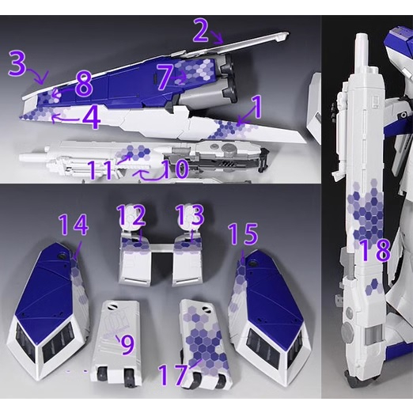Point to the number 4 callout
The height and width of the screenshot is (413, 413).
pyautogui.click(x=91, y=118)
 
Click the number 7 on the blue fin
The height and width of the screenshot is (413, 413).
pyautogui.click(x=164, y=77)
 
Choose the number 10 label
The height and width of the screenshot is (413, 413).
pyautogui.click(x=176, y=169)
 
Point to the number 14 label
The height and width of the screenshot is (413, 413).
pyautogui.click(x=73, y=227)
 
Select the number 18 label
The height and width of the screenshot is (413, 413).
pyautogui.click(x=373, y=252)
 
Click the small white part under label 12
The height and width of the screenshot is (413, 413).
pyautogui.click(x=136, y=257)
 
